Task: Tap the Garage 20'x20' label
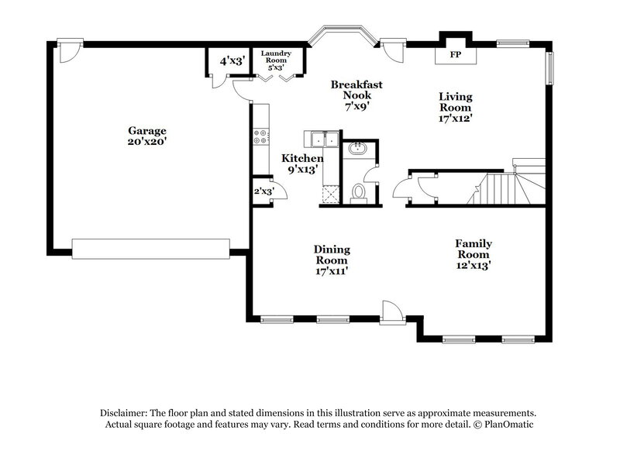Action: [x=147, y=136]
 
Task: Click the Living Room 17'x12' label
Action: [x=455, y=108]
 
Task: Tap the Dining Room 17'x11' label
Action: [x=332, y=260]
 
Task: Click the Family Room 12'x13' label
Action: [x=473, y=254]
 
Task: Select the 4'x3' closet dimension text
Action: [x=232, y=60]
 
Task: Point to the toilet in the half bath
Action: [x=358, y=192]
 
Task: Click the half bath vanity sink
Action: [x=359, y=149]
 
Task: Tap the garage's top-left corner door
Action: [x=69, y=51]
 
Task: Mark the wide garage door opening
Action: [x=150, y=247]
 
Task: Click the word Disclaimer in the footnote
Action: [x=126, y=413]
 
